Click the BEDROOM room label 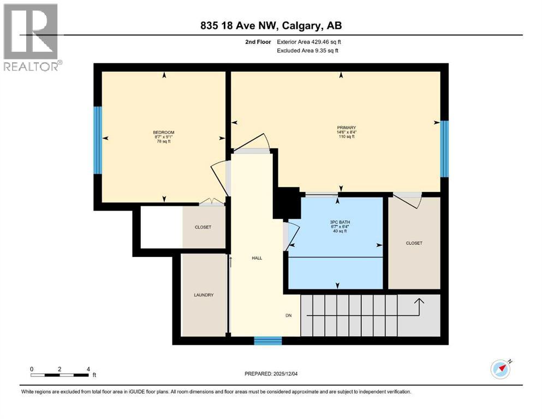click(x=164, y=133)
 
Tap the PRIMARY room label click(x=346, y=128)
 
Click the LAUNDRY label click(x=203, y=295)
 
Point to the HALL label click(x=257, y=258)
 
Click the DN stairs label click(x=289, y=315)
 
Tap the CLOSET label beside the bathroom click(x=414, y=243)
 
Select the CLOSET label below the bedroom click(x=202, y=227)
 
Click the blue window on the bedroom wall click(x=98, y=140)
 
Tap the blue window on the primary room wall click(x=444, y=148)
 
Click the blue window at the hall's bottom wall click(x=268, y=341)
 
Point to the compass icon click(x=501, y=369)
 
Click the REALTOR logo click(x=31, y=38)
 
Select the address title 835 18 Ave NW click(x=271, y=26)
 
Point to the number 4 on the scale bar click(x=88, y=369)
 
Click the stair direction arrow click(x=418, y=306)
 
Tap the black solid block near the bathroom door click(x=287, y=203)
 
